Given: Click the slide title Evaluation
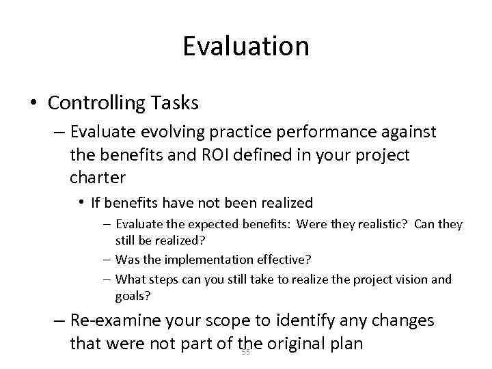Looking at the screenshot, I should pos(246,46).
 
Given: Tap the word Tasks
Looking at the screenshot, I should pos(174,103).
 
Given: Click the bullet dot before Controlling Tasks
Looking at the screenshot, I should pos(33,104).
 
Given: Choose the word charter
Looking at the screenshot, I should pos(98,178).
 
